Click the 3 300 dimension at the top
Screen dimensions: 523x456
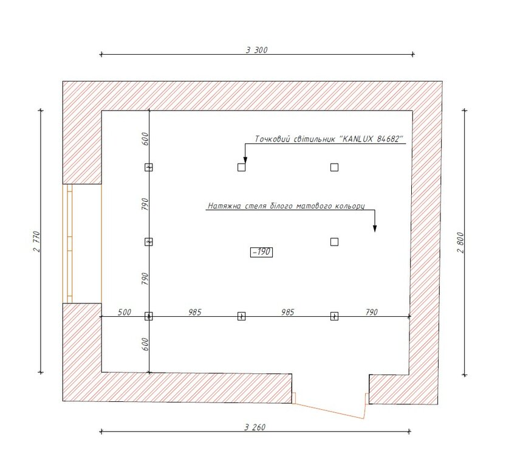tap(257, 50)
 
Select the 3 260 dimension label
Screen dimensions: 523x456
tap(255, 427)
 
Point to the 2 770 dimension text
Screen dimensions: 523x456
tap(36, 241)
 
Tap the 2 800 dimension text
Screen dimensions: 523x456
tap(460, 243)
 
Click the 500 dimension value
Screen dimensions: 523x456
tap(125, 312)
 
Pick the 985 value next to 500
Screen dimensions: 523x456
tap(195, 312)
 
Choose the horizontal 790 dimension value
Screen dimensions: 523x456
tap(372, 312)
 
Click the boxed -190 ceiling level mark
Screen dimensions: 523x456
tap(261, 252)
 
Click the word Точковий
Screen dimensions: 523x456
tap(273, 139)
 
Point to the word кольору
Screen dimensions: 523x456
tap(349, 206)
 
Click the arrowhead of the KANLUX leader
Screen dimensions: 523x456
tap(245, 160)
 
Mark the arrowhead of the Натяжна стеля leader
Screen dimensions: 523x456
tap(375, 229)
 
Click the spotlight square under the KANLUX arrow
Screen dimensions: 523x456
tap(242, 167)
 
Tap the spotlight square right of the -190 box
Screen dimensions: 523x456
tap(334, 242)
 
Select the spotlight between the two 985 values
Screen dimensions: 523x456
tap(242, 316)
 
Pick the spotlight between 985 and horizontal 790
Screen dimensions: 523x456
tap(334, 316)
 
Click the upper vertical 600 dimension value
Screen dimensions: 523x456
tap(145, 139)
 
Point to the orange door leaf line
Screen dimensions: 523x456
tap(328, 410)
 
